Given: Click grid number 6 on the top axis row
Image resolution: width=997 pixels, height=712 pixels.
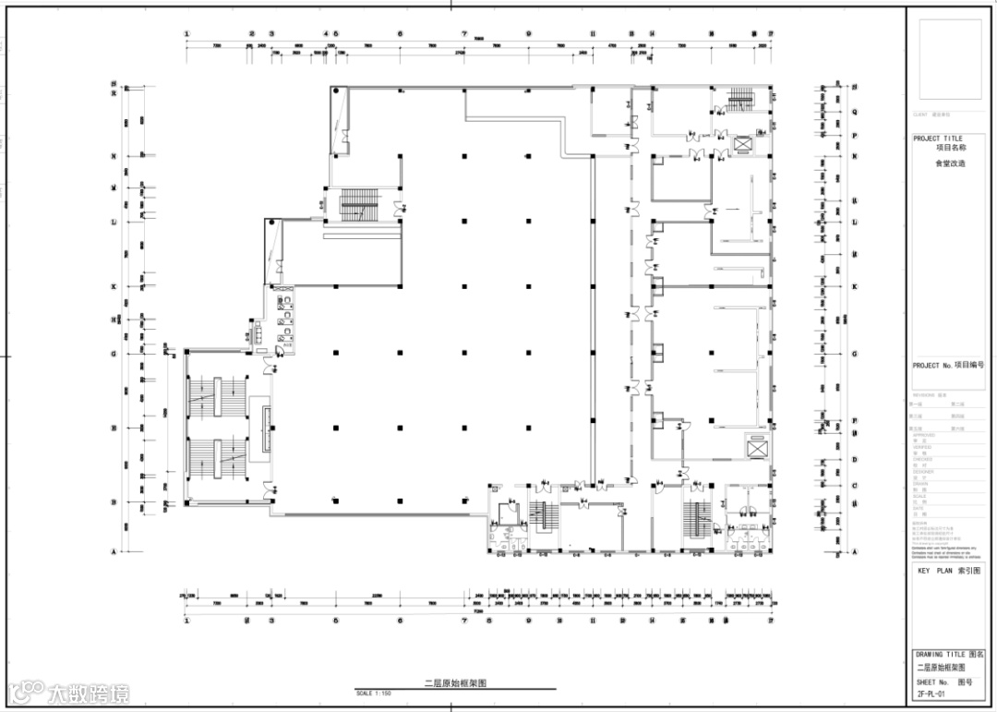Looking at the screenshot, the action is click(x=401, y=34).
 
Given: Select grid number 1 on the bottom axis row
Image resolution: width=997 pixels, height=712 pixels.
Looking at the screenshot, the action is click(x=187, y=621).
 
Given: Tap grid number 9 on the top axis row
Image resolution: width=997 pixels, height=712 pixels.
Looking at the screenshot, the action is click(x=529, y=34).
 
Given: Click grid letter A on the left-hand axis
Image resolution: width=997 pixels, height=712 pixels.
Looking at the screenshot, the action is click(x=114, y=552).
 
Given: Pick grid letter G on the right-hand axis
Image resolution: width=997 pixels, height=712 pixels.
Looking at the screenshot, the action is click(x=855, y=354).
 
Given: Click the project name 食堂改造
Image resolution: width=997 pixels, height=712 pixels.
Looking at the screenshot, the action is click(x=950, y=163).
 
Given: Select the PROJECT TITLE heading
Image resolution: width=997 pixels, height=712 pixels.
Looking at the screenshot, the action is click(x=937, y=139).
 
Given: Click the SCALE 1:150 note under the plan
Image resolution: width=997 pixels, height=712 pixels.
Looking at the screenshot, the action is click(x=373, y=693).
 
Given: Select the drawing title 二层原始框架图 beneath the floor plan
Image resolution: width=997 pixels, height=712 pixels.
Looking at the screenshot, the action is click(x=455, y=683).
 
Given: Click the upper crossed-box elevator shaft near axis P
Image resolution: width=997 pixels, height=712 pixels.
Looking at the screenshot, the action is click(x=742, y=143).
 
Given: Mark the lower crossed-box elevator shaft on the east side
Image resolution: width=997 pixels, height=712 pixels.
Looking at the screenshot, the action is click(x=758, y=447).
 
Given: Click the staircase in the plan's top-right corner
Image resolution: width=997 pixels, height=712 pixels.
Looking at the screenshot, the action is click(x=741, y=98).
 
